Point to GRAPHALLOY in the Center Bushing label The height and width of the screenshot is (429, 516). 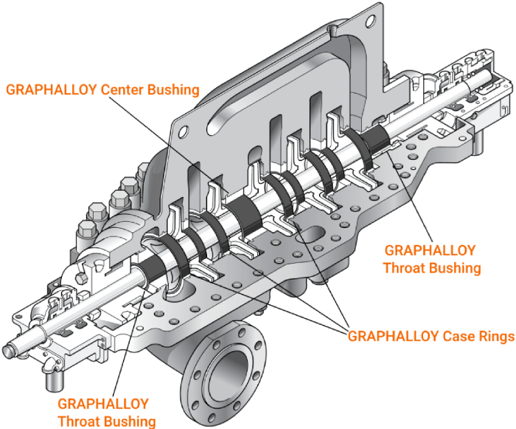pyautogui.click(x=52, y=90)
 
